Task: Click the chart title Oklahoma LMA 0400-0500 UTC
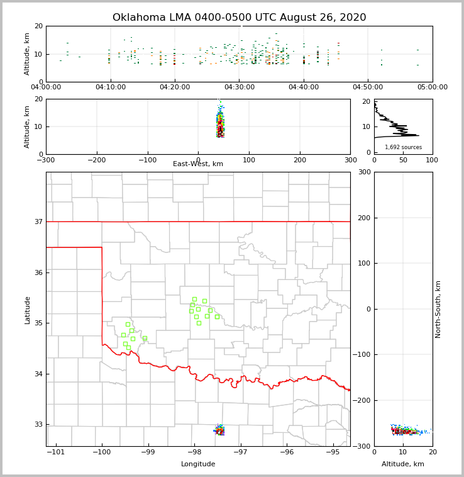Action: point(239,18)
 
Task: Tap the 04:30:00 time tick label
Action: point(239,87)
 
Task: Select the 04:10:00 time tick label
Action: point(110,87)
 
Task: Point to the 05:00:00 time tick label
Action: point(433,87)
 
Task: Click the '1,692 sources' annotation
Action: point(403,147)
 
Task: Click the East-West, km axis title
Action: point(198,164)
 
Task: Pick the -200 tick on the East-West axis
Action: point(96,160)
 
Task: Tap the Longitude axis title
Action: point(198,464)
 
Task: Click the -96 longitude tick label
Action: point(286,452)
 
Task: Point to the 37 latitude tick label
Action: point(38,222)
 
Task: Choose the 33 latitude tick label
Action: point(38,424)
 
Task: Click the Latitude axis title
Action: point(28,310)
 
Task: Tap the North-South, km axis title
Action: point(438,309)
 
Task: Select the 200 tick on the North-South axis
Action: point(363,218)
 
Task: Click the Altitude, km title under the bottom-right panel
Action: point(403,464)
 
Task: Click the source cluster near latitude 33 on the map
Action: point(219,430)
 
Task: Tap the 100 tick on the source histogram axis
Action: point(433,160)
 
